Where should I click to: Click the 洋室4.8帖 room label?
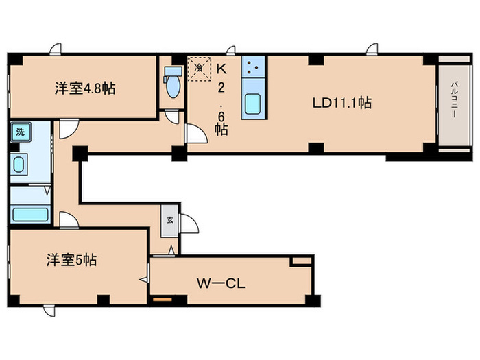(x=84, y=88)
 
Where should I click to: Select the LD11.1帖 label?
(x=342, y=103)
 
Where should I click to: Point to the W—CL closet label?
(x=217, y=283)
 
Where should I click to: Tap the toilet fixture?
(x=172, y=84)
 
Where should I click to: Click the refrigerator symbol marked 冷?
(x=198, y=69)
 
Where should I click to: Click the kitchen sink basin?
(x=253, y=106)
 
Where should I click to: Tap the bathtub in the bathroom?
(x=29, y=213)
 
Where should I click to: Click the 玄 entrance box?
(x=170, y=220)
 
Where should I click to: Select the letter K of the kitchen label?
(x=221, y=69)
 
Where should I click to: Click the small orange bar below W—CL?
(x=162, y=299)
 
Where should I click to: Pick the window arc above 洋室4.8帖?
(x=55, y=49)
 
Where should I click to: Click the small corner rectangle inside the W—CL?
(x=301, y=261)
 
